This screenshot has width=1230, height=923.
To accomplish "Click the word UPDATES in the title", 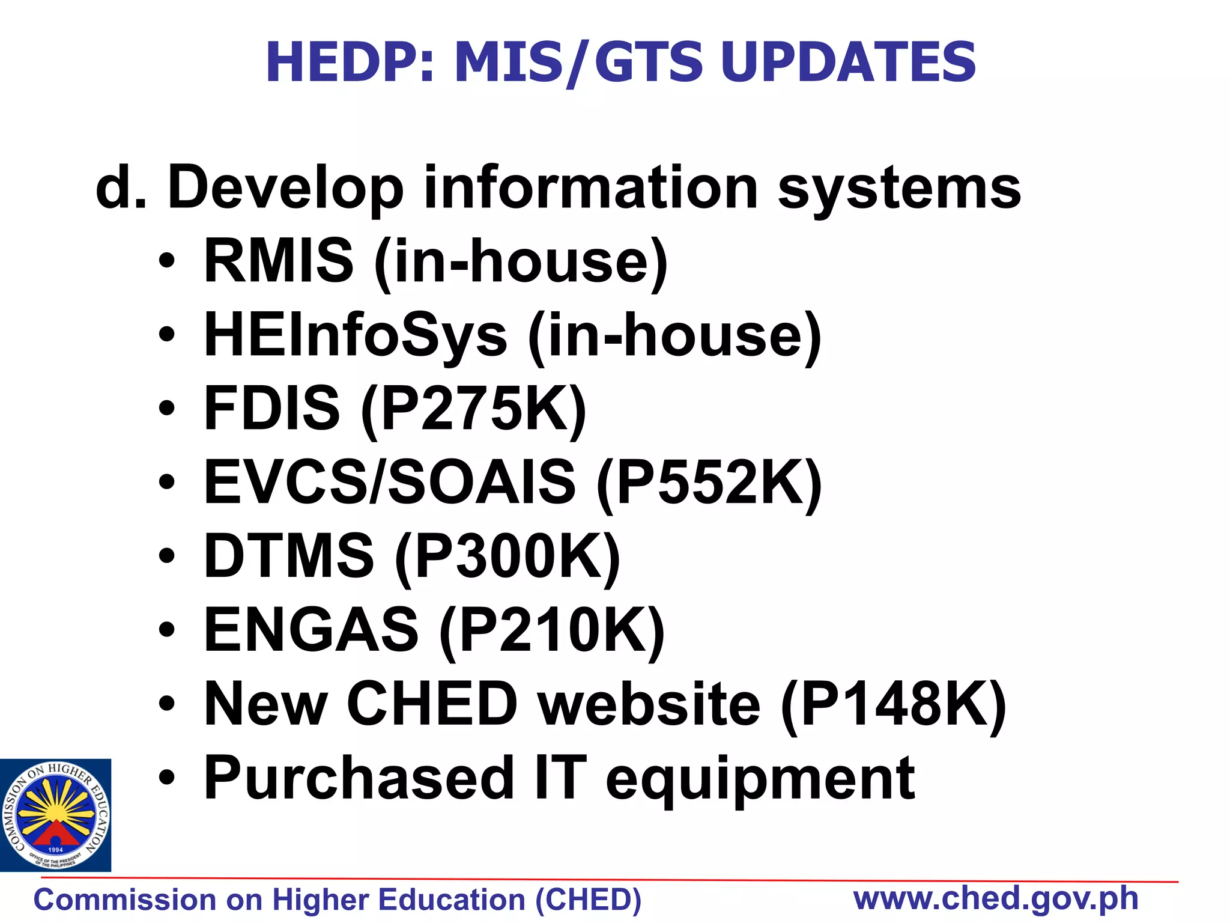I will coord(848,62).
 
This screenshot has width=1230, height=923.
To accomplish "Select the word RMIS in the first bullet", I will coord(279,261).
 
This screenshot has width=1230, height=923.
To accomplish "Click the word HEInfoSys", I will coord(356,335).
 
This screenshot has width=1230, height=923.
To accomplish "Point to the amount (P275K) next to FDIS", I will coord(473,409).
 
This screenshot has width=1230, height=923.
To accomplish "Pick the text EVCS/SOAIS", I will coord(389,482).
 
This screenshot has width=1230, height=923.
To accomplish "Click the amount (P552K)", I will coord(709,482).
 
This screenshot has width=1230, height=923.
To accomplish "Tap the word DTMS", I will coord(289,556).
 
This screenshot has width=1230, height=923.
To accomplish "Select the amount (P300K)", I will coord(507,556).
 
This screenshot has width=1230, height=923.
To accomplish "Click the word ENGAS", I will coord(311,630).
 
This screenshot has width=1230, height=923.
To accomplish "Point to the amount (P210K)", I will coord(552,630).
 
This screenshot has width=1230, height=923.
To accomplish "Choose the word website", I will coord(649,704).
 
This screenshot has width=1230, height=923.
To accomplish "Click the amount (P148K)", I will coord(893,704).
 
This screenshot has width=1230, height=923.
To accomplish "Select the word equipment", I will coord(760,780).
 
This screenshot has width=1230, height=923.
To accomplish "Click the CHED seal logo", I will coord(55,815).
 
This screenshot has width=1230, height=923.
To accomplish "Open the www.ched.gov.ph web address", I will coord(996,899).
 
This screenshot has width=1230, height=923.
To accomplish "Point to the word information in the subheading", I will coord(591,188).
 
